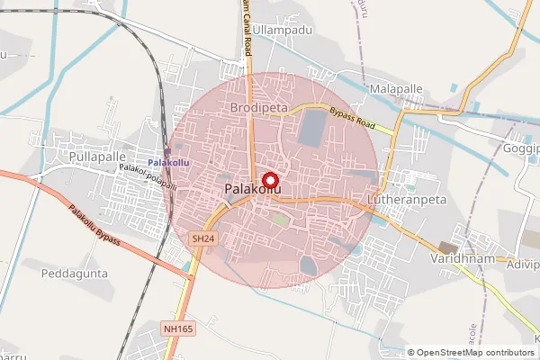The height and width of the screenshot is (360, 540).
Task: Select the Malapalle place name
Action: pos(395,89)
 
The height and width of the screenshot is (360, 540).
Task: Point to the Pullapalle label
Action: pos(96,157)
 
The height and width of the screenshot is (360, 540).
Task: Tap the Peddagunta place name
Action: pos(75,271)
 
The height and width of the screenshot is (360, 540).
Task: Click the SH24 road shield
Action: pos(203,238)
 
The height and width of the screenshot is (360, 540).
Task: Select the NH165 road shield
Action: pos(179,329)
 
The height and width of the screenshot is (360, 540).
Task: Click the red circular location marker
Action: pos(268,179)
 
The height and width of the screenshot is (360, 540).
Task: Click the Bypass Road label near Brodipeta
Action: pos(351,116)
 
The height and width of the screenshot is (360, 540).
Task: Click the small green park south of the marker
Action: pos(281,219)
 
